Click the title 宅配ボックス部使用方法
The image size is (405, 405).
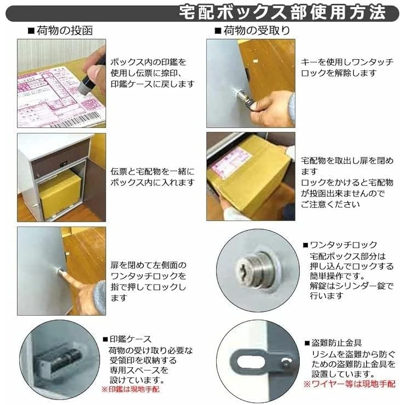click(282, 13)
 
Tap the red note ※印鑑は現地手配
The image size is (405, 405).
click(130, 390)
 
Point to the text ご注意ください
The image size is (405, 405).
click(330, 205)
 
